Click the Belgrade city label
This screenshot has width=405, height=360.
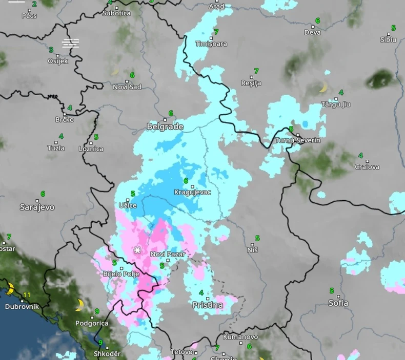[165, 126]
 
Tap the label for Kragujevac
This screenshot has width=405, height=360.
[192, 193]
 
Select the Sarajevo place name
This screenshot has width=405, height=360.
[37, 207]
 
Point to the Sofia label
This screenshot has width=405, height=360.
[338, 303]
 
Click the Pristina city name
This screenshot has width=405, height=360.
[208, 305]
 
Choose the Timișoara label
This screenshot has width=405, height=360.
[211, 44]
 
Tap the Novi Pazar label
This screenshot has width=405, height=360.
[168, 254]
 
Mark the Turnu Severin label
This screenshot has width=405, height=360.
[298, 140]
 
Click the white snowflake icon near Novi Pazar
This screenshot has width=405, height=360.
[137, 250]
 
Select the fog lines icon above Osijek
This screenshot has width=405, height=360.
[71, 43]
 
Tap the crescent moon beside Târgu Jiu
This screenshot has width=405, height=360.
[323, 88]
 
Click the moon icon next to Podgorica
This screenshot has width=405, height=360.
[79, 305]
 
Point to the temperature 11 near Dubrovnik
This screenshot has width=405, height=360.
[27, 295]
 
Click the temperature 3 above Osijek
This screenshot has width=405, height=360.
[51, 50]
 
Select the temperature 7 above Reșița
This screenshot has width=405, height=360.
[256, 71]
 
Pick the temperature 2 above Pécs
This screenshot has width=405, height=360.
[34, 4]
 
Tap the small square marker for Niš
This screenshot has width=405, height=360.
[251, 243]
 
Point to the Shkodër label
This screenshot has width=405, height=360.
[107, 354]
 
